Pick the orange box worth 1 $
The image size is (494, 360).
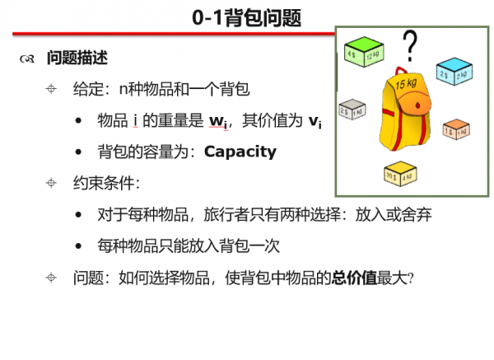[455, 130]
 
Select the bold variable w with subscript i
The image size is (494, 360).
[218, 122]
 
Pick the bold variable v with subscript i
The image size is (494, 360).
[315, 122]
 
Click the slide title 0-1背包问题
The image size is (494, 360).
[247, 17]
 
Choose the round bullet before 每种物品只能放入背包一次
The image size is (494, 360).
[78, 246]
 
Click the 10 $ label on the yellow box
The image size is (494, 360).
[391, 175]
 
